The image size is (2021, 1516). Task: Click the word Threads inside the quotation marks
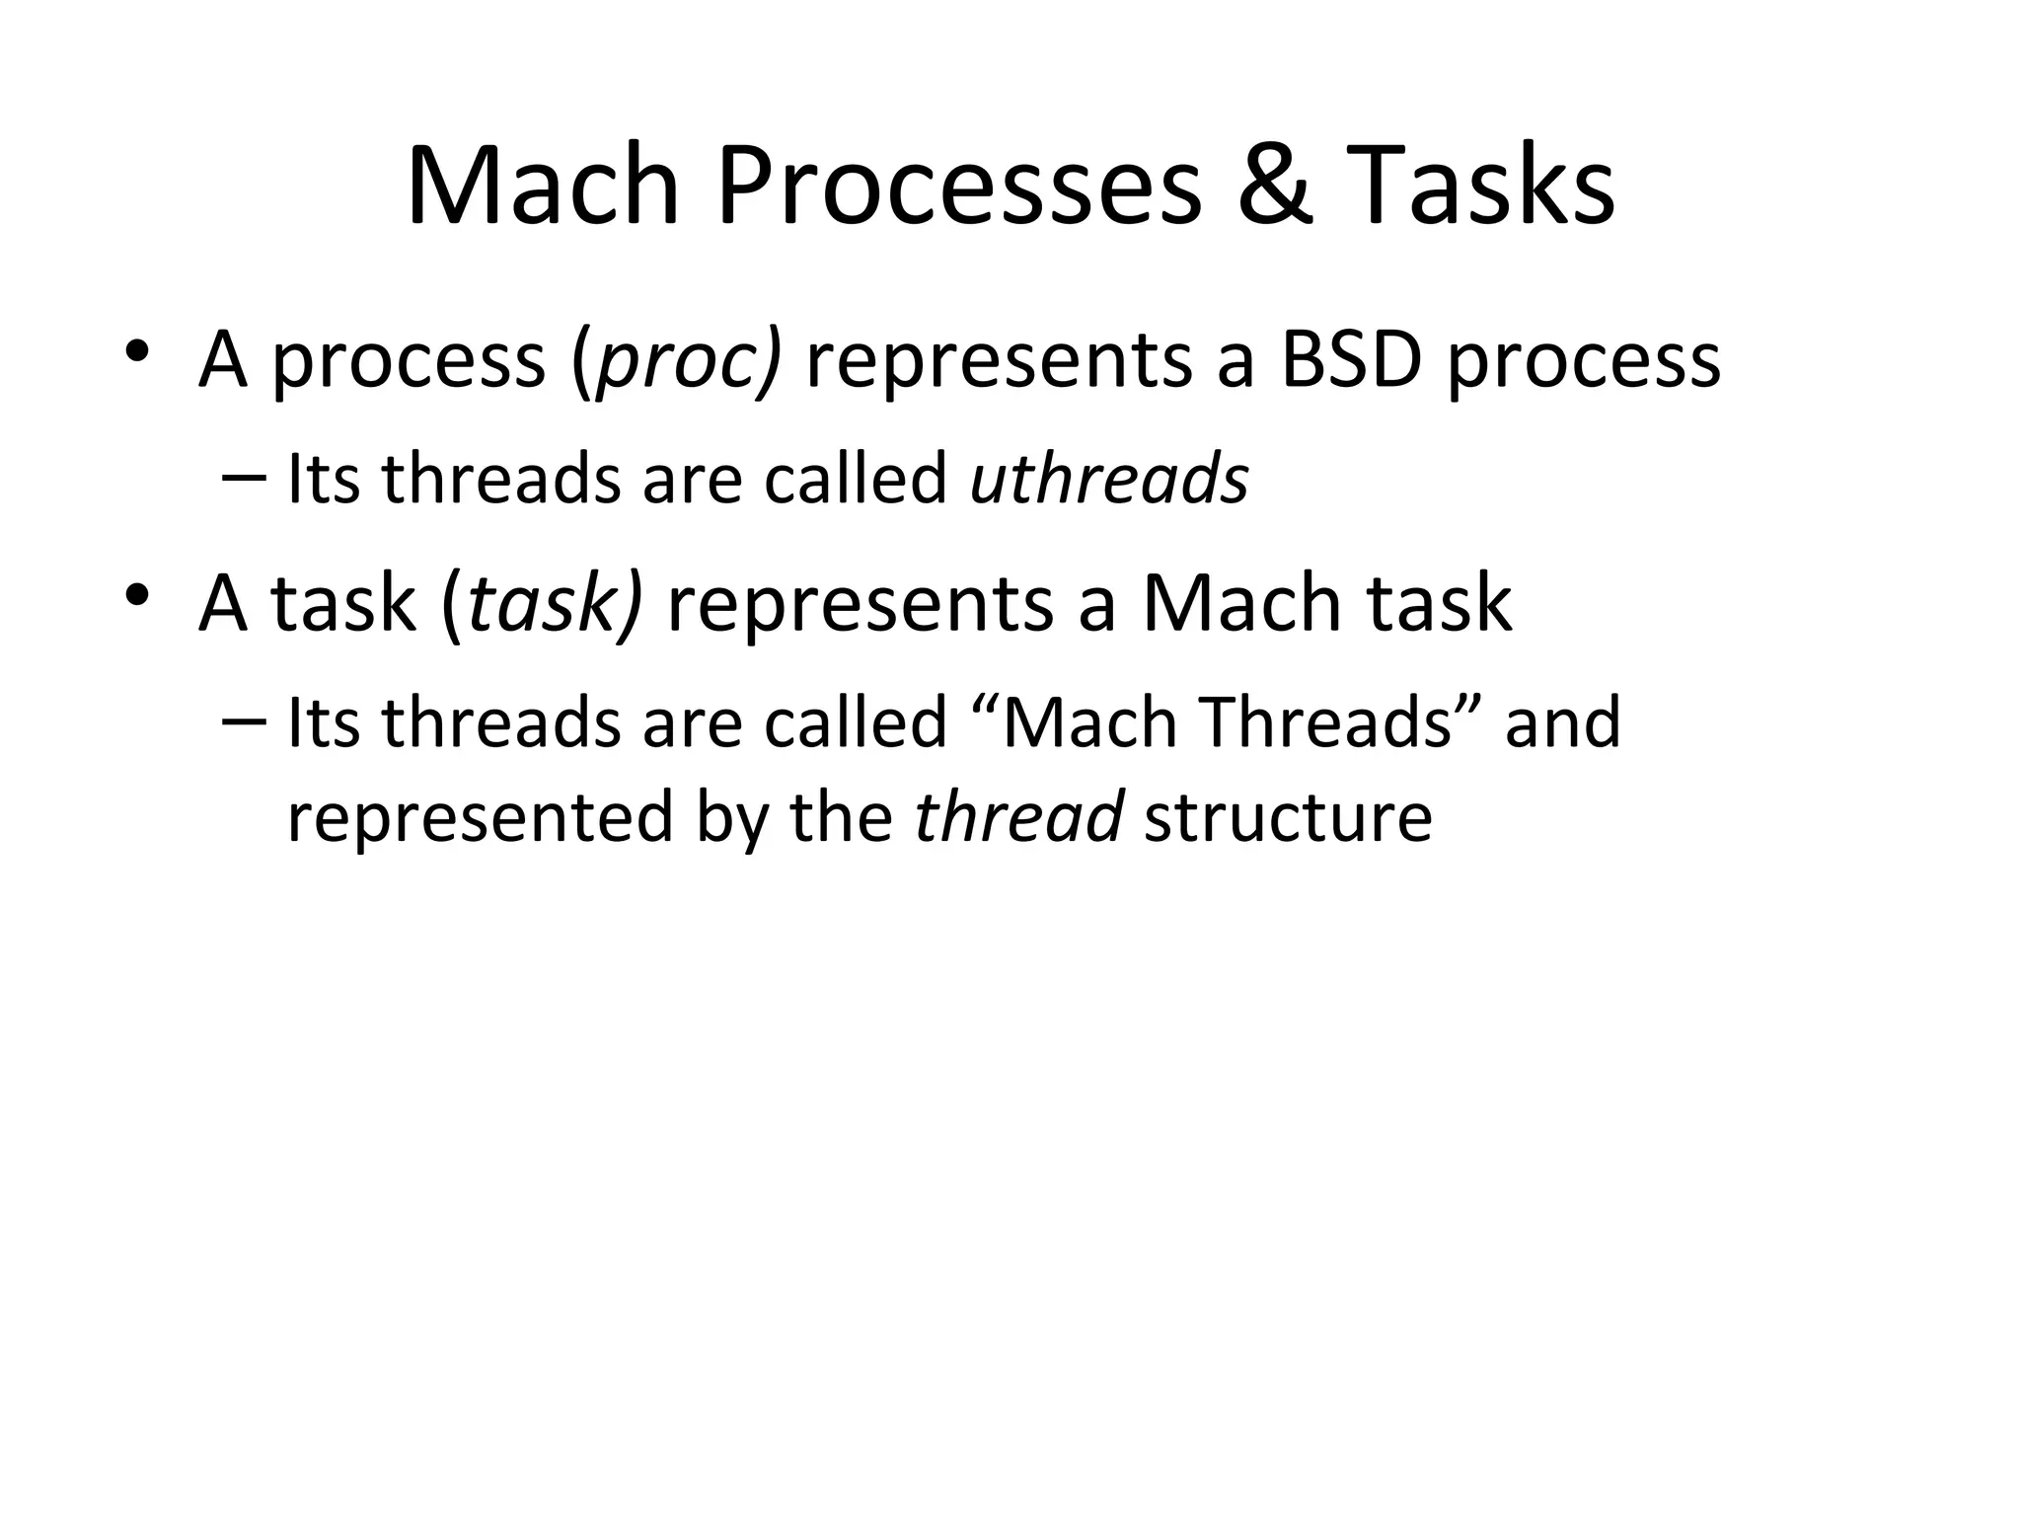1328,722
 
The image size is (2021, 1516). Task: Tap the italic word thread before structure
1018,817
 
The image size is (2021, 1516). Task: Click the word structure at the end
1287,817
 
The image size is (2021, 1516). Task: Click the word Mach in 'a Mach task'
1241,604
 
